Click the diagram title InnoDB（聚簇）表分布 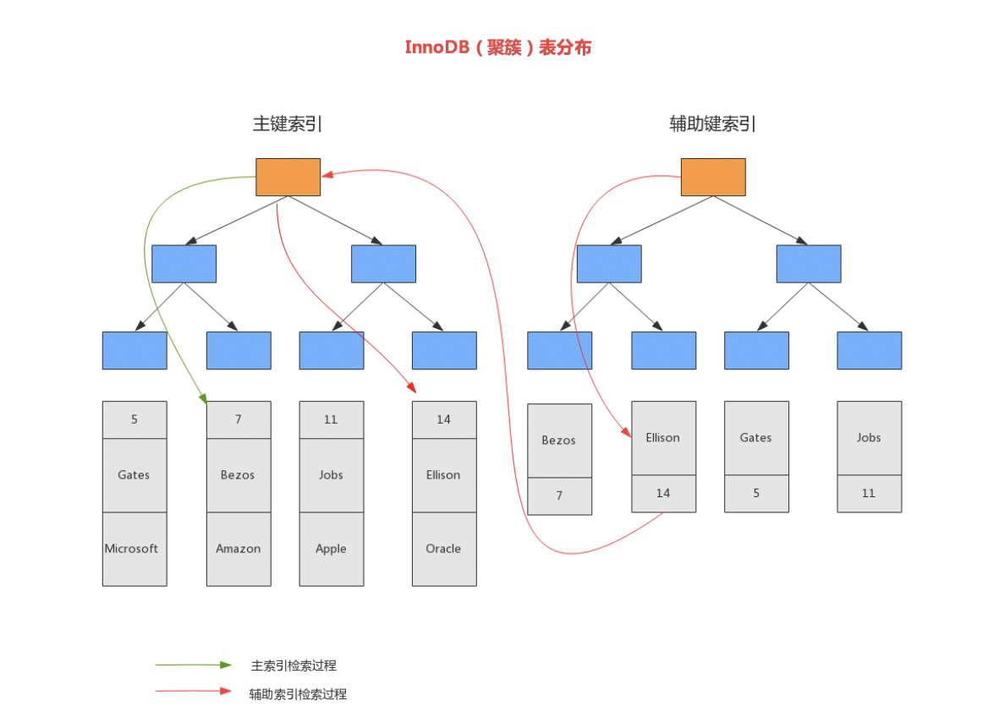[497, 47]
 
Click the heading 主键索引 [288, 123]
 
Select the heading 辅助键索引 [712, 123]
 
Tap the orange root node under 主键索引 [288, 177]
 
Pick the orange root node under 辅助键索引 [713, 177]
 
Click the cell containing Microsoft [134, 549]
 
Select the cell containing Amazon [239, 549]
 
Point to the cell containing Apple [332, 549]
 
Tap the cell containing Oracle [444, 549]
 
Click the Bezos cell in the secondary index [559, 441]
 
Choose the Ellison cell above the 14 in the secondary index [663, 438]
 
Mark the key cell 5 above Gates [134, 419]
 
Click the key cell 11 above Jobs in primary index [332, 419]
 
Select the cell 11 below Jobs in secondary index [869, 493]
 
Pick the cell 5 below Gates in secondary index [756, 493]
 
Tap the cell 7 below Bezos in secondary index [559, 496]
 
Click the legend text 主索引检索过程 [294, 665]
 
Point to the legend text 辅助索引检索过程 [298, 694]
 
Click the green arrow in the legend [193, 665]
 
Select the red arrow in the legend [193, 692]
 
